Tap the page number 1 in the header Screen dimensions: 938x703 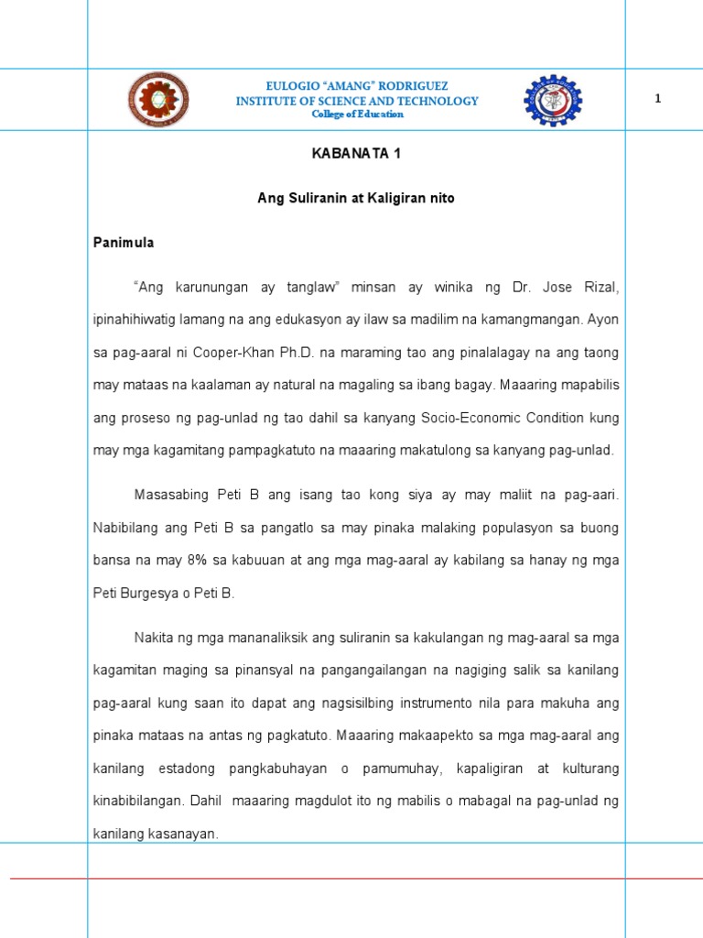point(657,99)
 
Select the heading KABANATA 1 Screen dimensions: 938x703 point(356,154)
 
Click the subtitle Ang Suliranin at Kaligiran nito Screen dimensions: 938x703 point(356,198)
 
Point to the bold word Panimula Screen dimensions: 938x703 point(124,243)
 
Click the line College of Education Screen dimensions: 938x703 point(357,115)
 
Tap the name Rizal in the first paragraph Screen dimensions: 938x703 point(603,288)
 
